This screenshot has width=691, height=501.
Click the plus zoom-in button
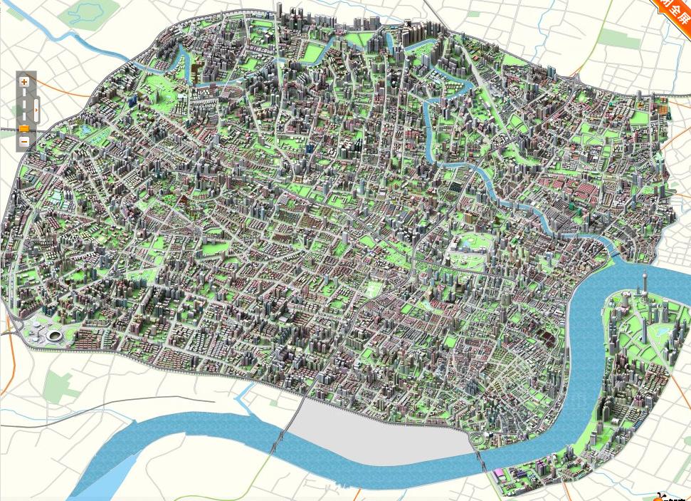tap(24, 82)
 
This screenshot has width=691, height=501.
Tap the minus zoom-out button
tap(24, 141)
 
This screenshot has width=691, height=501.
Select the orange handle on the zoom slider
tap(24, 129)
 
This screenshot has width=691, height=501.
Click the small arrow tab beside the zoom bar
tap(36, 110)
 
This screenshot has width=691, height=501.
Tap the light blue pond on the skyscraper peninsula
tap(662, 332)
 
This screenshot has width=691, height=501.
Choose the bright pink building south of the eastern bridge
tap(501, 472)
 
